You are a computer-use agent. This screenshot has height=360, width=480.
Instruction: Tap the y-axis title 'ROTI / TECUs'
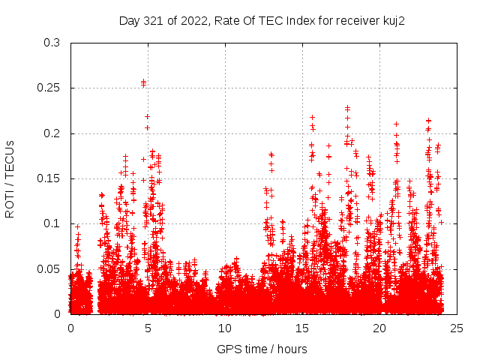(x=10, y=178)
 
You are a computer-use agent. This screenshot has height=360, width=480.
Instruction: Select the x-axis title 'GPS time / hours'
(x=262, y=349)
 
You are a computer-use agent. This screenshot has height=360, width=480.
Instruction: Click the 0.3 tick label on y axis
(x=52, y=43)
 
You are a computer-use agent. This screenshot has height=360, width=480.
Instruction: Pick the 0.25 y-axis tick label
(x=49, y=88)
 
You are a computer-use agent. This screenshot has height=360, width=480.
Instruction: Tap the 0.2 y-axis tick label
(x=52, y=133)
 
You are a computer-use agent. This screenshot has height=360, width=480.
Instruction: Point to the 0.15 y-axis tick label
(x=49, y=178)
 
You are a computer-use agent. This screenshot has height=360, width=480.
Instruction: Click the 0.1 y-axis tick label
(x=52, y=223)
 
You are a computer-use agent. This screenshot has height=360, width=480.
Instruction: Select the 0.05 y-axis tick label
(x=49, y=268)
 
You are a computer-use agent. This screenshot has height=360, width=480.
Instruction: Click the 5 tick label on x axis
(x=148, y=328)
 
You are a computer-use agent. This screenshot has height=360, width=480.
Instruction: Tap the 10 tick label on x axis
(x=225, y=328)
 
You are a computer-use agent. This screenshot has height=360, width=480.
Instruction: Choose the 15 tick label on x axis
(x=302, y=328)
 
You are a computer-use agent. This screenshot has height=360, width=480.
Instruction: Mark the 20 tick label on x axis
(x=379, y=328)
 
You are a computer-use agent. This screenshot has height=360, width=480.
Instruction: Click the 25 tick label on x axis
(x=457, y=328)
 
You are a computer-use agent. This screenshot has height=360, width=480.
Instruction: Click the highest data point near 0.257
(x=143, y=82)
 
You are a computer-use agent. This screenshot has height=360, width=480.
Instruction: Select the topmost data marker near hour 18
(x=347, y=108)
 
